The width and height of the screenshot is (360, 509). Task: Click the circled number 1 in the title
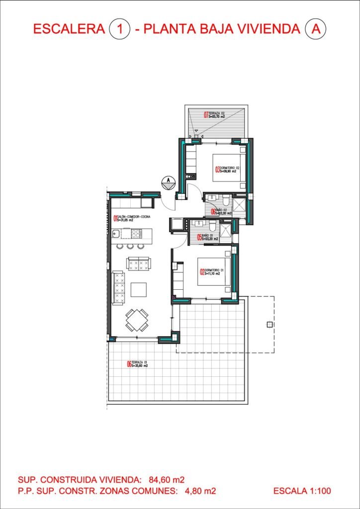click(119, 29)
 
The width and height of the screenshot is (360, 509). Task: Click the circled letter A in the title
click(314, 29)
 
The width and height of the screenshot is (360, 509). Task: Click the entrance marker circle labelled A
click(169, 182)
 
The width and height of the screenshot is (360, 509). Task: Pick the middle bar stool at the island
click(130, 246)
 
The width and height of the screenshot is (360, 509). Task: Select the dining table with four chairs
click(137, 320)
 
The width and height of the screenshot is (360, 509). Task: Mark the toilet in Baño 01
click(210, 225)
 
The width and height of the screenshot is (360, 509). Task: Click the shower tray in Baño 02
click(240, 207)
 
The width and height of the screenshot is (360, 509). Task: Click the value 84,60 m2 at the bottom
click(166, 480)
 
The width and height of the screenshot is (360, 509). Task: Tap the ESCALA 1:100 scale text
click(302, 491)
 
